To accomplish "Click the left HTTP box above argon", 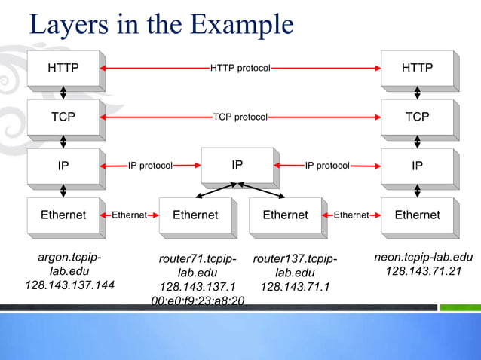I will click(x=63, y=69).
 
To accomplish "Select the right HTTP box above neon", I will click(x=417, y=69).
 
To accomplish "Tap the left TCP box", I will click(x=63, y=117).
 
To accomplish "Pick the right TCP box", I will click(x=417, y=117).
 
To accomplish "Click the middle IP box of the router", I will click(x=237, y=164).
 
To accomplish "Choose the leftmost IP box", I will click(x=63, y=166).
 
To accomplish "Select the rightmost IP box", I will click(x=417, y=166).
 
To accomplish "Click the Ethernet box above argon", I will click(x=63, y=215).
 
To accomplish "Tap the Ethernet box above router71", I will click(x=195, y=215).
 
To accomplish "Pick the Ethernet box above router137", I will click(x=285, y=215).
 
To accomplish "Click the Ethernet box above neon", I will click(x=417, y=215).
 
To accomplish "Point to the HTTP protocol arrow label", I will click(x=240, y=69).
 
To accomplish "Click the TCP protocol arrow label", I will click(x=240, y=117).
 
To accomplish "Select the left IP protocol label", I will click(x=150, y=165).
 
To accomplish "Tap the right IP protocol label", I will click(x=327, y=165).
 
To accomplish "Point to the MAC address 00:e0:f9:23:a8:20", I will click(x=198, y=301).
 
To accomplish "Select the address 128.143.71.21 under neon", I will click(x=423, y=271).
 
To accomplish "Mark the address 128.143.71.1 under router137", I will click(x=295, y=287).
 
